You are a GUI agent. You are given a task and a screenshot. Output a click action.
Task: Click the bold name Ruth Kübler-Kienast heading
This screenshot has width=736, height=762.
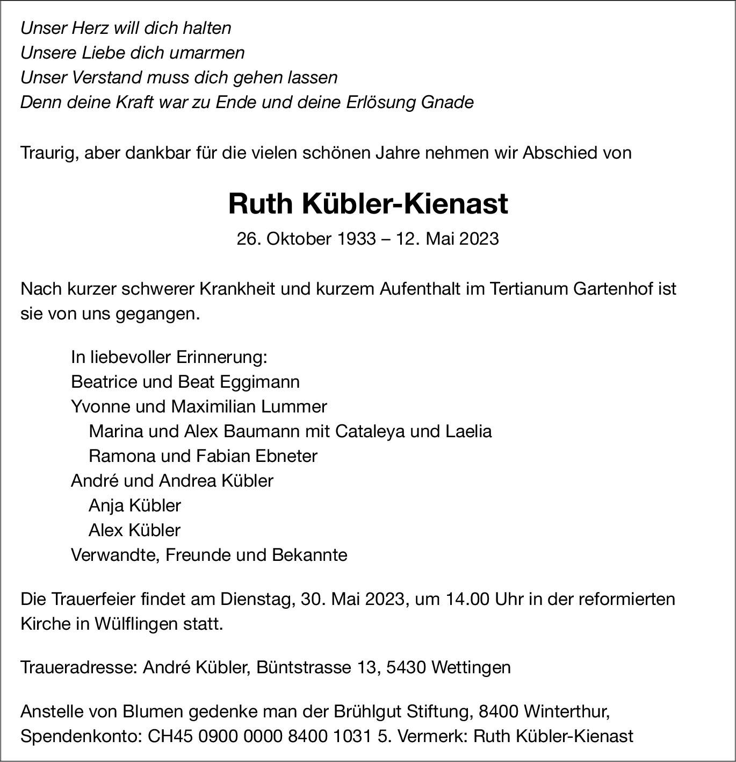[368, 204]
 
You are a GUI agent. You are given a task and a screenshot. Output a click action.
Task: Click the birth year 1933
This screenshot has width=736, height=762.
[356, 238]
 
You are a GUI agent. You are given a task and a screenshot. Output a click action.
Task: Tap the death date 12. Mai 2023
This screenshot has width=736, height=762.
[448, 238]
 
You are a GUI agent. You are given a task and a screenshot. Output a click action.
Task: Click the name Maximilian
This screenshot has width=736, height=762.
[214, 407]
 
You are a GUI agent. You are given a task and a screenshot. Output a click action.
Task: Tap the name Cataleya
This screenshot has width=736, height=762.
[371, 431]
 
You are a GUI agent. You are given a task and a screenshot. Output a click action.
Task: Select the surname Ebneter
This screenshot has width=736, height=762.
[286, 456]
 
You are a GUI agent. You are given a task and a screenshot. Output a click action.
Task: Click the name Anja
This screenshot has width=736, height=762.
[106, 505]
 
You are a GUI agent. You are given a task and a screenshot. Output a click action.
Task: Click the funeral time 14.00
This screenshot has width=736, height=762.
[467, 599]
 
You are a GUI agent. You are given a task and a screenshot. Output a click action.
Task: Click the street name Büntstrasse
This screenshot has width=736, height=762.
[304, 668]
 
